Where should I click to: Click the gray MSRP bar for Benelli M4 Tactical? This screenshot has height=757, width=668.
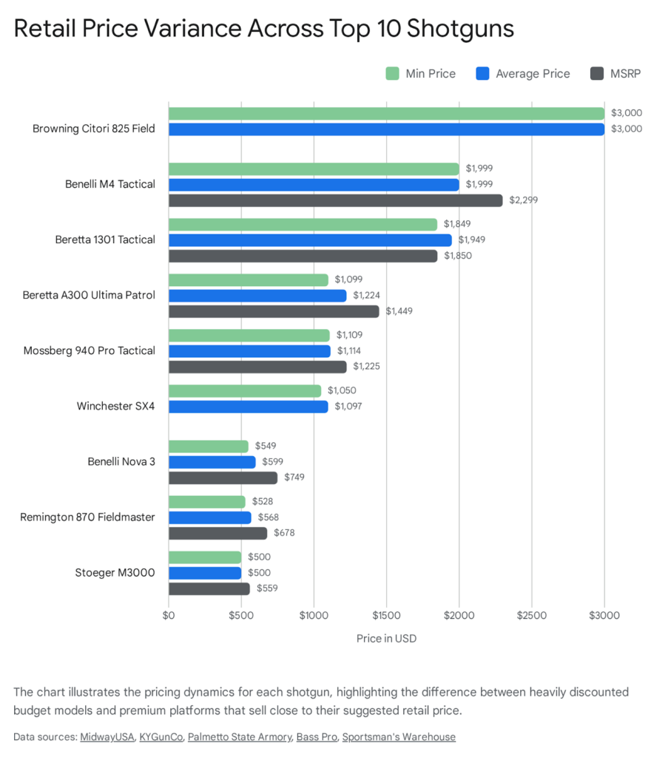(x=335, y=200)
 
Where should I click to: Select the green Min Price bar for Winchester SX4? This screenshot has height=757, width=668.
(x=245, y=391)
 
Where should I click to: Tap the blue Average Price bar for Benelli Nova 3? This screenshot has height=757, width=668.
(x=212, y=462)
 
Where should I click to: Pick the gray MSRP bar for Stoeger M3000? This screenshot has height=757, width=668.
(x=209, y=588)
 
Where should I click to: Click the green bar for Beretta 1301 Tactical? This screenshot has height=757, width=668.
(x=303, y=224)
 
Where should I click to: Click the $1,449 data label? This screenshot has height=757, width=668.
(x=399, y=311)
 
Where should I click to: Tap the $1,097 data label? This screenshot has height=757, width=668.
(x=348, y=407)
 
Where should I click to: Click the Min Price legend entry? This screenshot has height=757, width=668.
(x=420, y=73)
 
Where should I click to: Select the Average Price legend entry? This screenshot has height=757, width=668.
(x=523, y=73)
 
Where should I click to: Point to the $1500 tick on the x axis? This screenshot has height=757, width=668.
(x=386, y=615)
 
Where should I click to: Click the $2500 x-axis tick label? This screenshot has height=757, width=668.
(x=531, y=615)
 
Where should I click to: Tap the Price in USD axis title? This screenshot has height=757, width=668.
(x=386, y=638)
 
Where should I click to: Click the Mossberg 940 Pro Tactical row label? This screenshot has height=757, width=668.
(x=90, y=350)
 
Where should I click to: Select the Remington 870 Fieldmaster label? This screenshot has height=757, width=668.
(x=87, y=517)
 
